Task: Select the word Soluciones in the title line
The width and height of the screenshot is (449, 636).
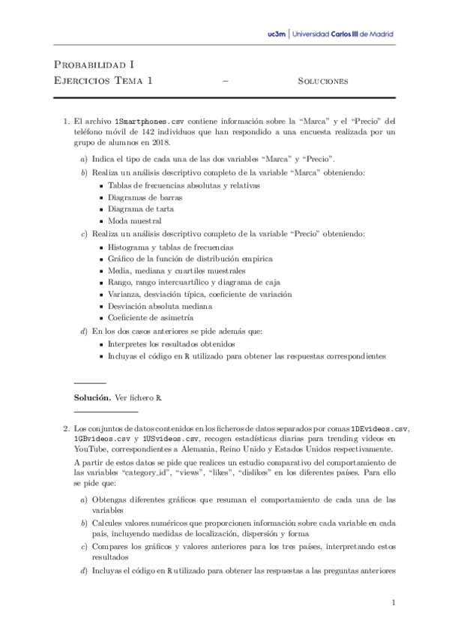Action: click(322, 81)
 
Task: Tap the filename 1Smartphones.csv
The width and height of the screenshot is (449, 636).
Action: click(148, 120)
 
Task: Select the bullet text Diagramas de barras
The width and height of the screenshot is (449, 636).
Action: click(141, 197)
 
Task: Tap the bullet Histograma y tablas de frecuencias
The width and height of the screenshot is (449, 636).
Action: click(170, 247)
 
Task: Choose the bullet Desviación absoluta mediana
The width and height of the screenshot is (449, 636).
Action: click(160, 305)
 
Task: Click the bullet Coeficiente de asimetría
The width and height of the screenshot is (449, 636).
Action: click(151, 317)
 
